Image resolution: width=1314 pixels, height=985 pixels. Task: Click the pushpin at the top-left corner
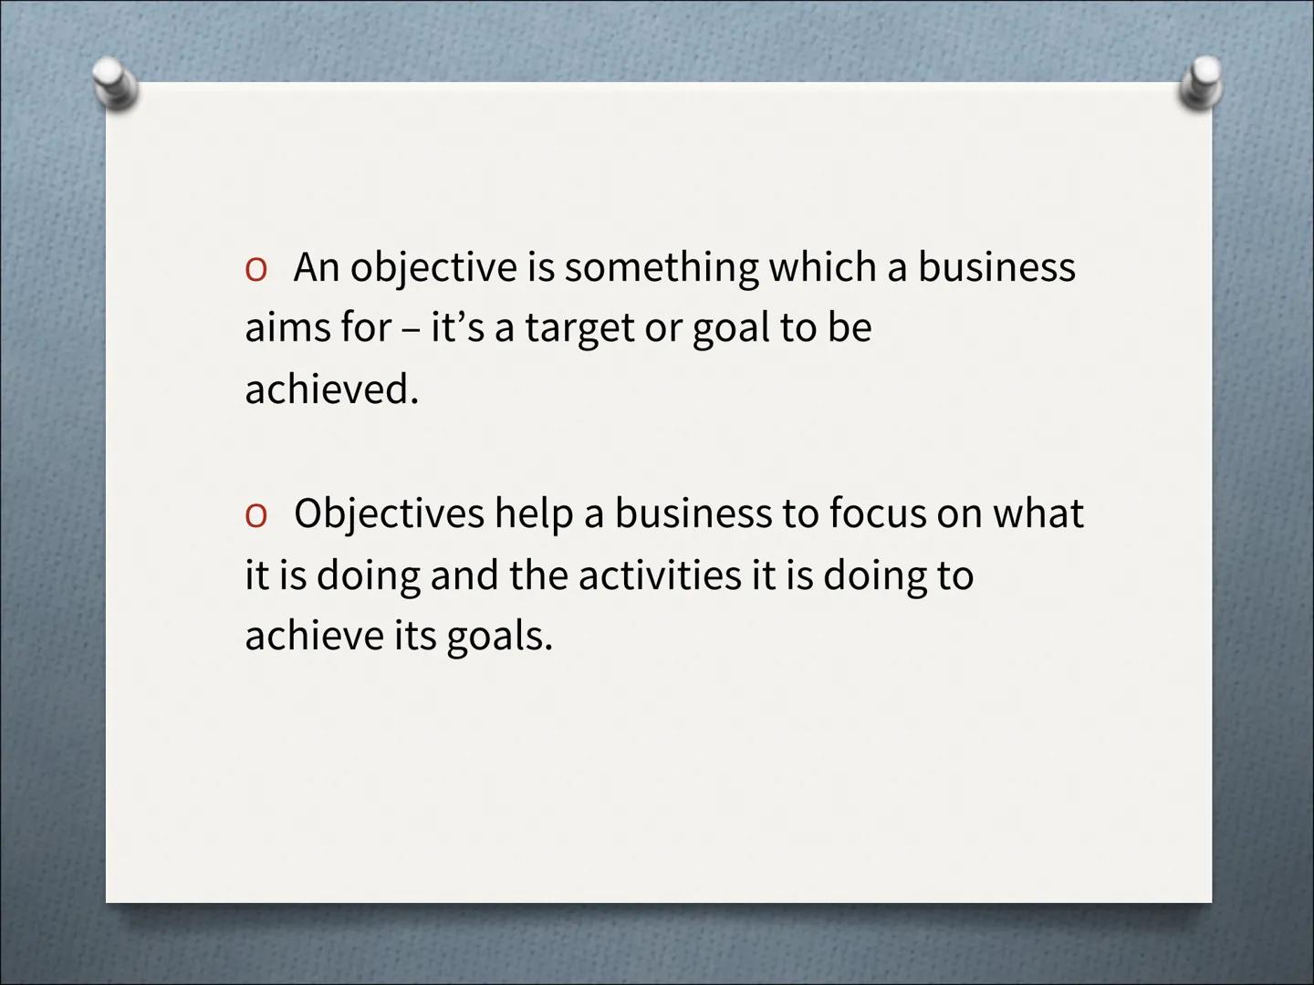click(x=116, y=84)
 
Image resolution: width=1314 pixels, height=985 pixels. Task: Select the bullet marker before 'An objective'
click(x=255, y=268)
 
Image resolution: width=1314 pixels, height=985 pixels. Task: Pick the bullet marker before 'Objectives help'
click(x=255, y=514)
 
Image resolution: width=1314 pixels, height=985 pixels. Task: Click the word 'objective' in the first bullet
click(x=433, y=268)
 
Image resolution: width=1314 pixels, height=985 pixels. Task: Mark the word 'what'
click(x=1038, y=513)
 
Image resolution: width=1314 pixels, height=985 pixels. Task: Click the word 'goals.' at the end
click(x=499, y=637)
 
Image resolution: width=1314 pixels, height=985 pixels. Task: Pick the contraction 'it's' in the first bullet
click(x=457, y=328)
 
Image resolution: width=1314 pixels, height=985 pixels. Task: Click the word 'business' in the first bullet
click(x=996, y=268)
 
